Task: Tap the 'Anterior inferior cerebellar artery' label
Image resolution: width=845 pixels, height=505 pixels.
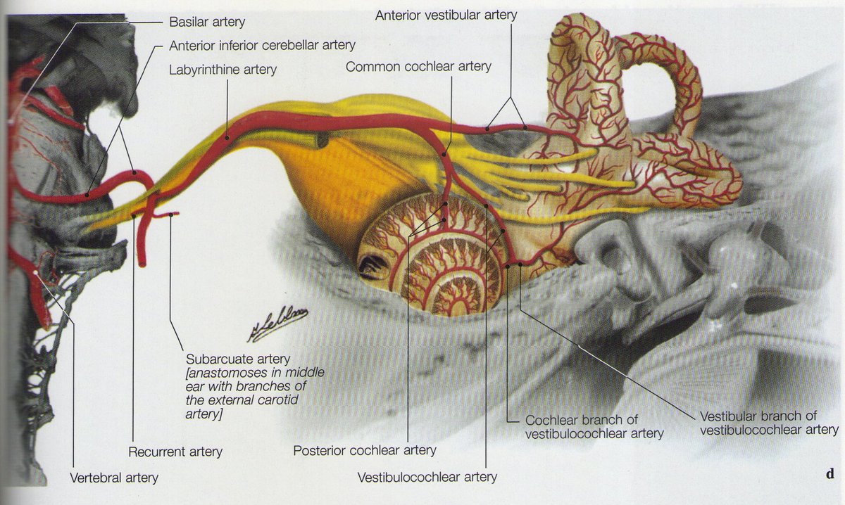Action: pyautogui.click(x=262, y=46)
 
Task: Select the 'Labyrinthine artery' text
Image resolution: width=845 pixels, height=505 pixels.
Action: pyautogui.click(x=223, y=70)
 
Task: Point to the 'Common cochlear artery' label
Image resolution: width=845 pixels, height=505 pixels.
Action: pyautogui.click(x=418, y=67)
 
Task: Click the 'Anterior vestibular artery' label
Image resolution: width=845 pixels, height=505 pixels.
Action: pyautogui.click(x=446, y=14)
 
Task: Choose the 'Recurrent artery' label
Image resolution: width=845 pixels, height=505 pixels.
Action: pyautogui.click(x=175, y=452)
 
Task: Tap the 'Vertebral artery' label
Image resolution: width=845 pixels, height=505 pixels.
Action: pyautogui.click(x=114, y=478)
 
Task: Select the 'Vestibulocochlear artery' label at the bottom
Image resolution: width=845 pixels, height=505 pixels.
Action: pyautogui.click(x=427, y=477)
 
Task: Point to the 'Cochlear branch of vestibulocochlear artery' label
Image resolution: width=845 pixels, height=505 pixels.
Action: pyautogui.click(x=594, y=426)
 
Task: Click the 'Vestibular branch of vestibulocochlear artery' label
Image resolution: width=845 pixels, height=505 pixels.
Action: pyautogui.click(x=769, y=422)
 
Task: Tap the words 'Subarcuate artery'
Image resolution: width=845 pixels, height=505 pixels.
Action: pyautogui.click(x=237, y=359)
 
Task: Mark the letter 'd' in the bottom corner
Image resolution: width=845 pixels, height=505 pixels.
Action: pyautogui.click(x=830, y=473)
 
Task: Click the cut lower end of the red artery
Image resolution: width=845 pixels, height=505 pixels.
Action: pyautogui.click(x=142, y=262)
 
